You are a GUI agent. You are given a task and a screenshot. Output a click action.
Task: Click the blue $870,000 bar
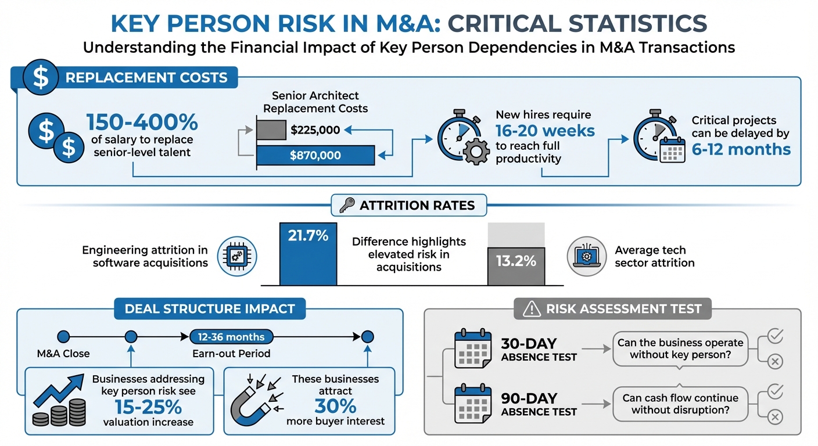pos(315,155)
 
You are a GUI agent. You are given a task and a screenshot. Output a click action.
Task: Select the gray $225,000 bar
pos(271,130)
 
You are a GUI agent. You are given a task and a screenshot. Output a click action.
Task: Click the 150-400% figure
pos(142,123)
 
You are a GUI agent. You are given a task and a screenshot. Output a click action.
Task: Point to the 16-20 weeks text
pos(545,131)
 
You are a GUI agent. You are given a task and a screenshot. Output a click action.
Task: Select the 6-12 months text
pos(741,149)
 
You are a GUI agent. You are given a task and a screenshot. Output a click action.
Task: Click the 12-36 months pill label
pos(231,337)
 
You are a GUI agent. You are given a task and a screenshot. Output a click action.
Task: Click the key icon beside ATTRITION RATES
pos(347,205)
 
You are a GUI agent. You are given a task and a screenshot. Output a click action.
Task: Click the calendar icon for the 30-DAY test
pos(472,348)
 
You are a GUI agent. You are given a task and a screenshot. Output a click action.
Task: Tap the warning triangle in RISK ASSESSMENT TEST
pos(531,310)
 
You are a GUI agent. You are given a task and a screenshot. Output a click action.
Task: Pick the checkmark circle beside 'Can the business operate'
pos(775,336)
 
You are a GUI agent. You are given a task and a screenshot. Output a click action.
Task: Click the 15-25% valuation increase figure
pos(148,406)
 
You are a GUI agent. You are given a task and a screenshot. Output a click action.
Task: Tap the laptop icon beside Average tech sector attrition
pos(586,256)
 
